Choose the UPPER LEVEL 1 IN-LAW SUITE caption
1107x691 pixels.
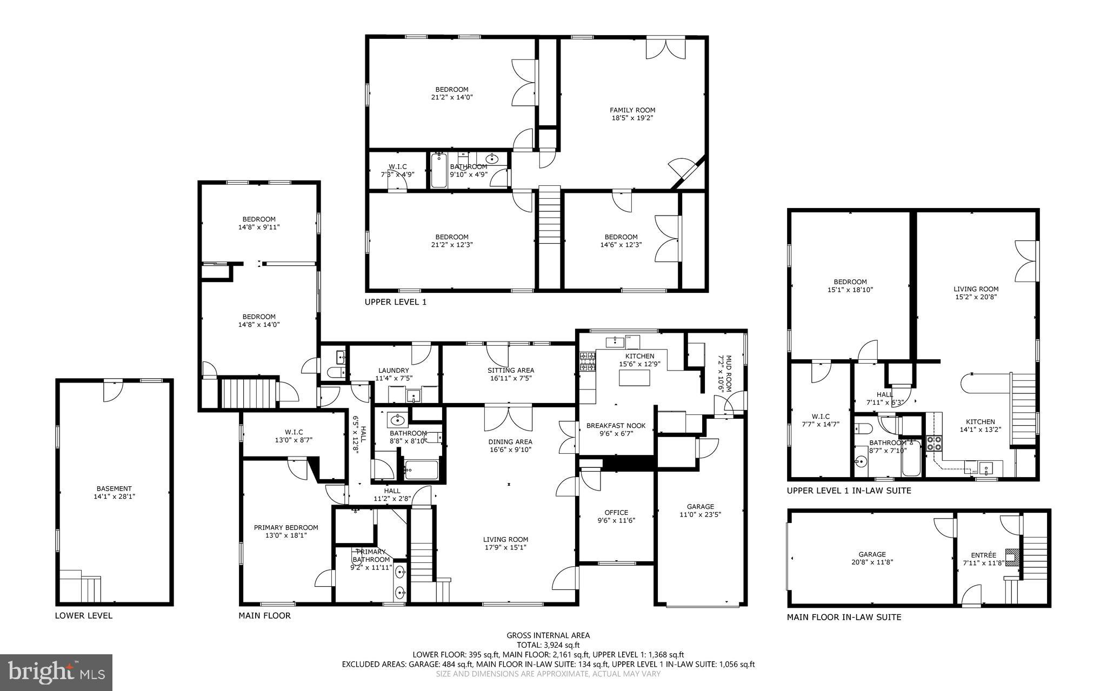click(x=849, y=491)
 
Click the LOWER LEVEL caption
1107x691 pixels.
click(x=84, y=615)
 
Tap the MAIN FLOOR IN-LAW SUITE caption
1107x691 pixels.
click(x=844, y=617)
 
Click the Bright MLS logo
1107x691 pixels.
click(x=56, y=672)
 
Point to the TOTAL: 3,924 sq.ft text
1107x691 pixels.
click(x=548, y=645)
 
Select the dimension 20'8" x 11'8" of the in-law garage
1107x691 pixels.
click(x=872, y=562)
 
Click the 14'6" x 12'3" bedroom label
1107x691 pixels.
click(x=621, y=240)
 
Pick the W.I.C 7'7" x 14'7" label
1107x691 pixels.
click(x=821, y=420)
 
